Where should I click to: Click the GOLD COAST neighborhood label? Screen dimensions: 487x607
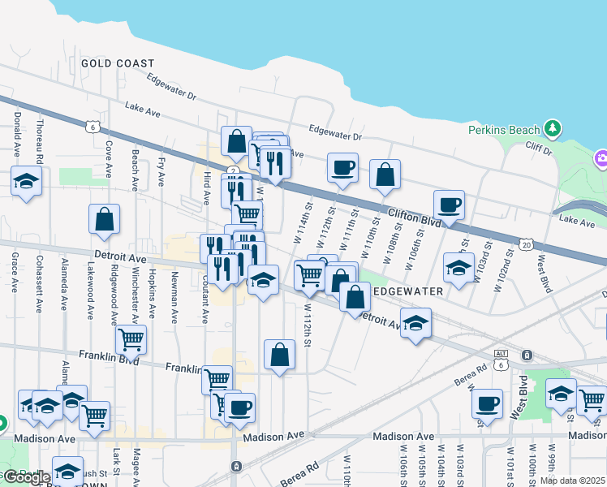point(117,63)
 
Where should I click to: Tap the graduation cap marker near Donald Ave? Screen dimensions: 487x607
point(26,182)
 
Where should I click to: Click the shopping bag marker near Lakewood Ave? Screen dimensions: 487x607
point(104,218)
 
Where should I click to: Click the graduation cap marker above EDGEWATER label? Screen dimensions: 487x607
point(458,267)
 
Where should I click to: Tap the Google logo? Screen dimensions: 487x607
point(28,477)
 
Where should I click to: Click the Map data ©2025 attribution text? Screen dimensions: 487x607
point(573,481)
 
